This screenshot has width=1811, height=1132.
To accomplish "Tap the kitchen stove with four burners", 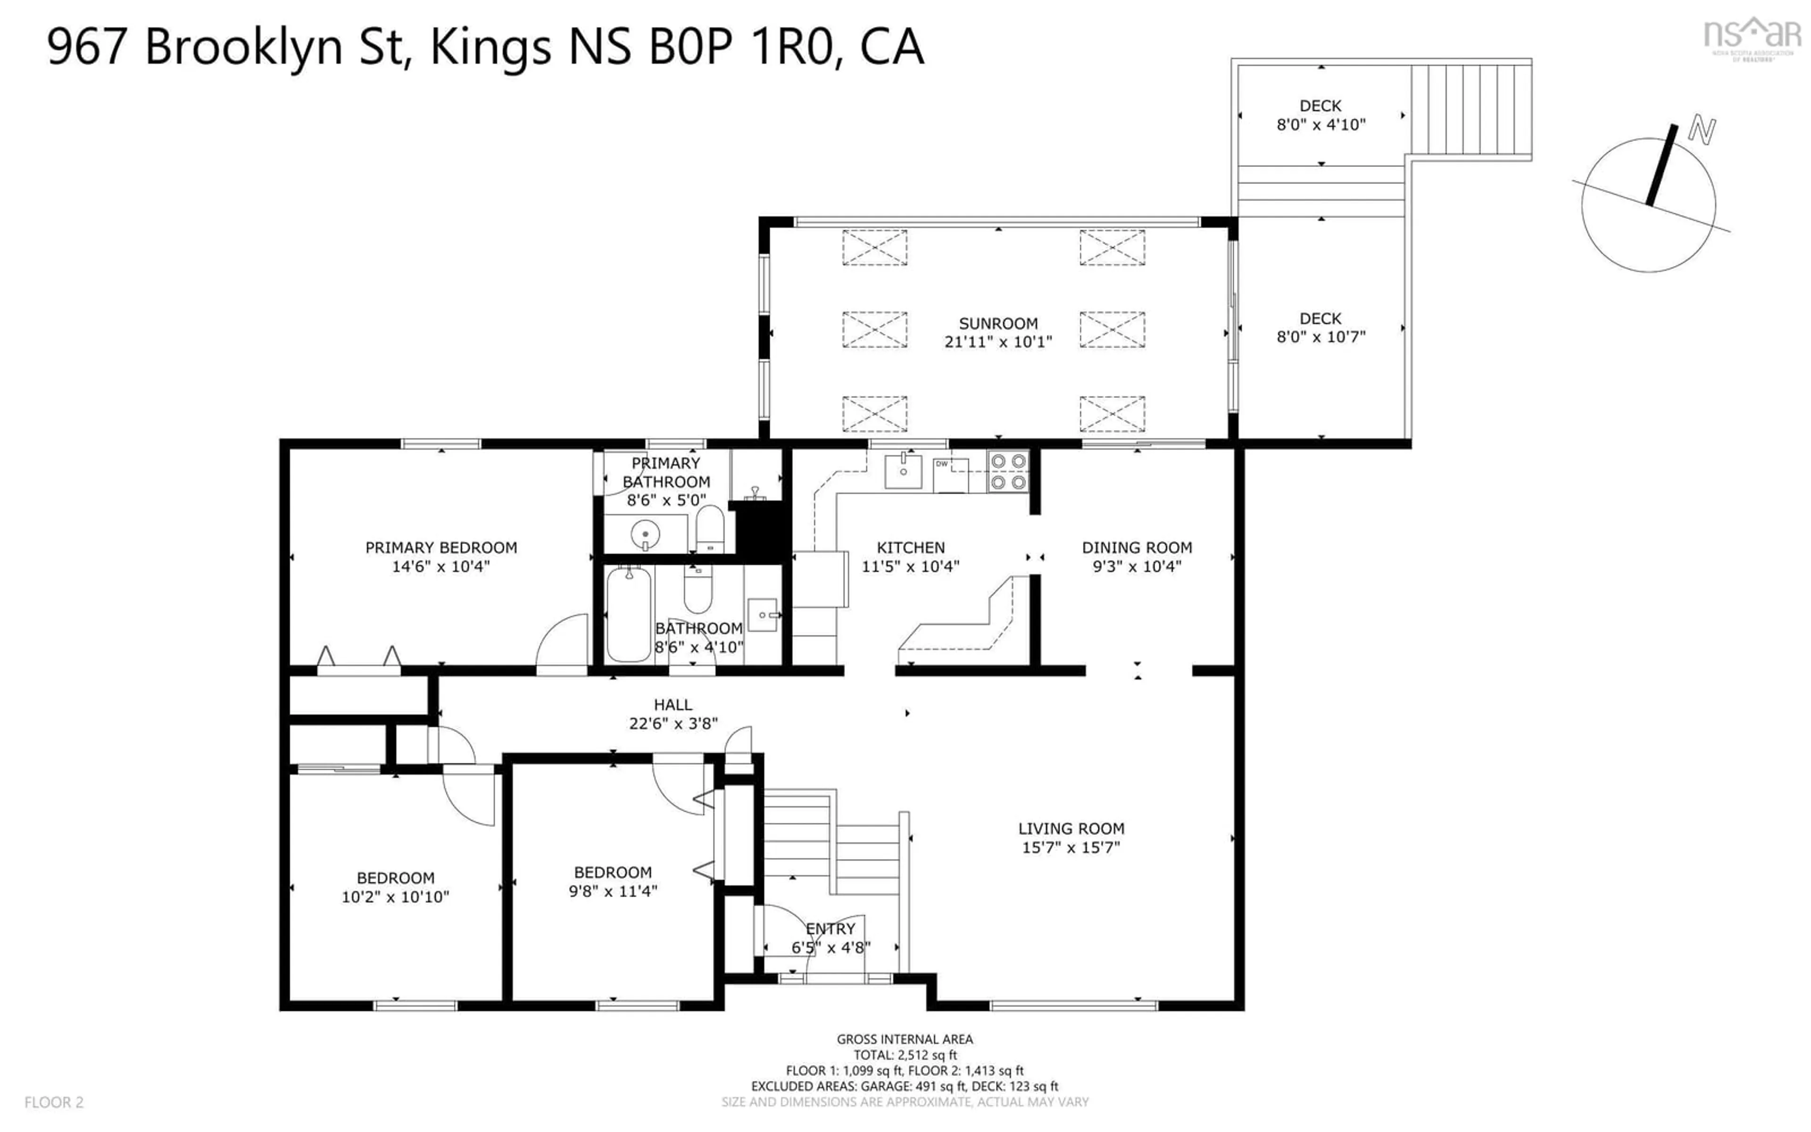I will (1007, 473).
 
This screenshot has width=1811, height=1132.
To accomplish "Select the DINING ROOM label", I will (1136, 547).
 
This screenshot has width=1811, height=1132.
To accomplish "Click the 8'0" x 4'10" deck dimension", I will (1321, 124).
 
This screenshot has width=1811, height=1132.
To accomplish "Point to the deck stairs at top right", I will (1470, 110).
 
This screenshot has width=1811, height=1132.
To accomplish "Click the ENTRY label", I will (830, 928).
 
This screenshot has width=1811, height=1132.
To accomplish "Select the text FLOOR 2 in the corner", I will (54, 1102).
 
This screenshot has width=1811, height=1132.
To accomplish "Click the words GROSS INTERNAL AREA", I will (904, 1039).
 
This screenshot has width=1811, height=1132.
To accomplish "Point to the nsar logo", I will (1752, 36).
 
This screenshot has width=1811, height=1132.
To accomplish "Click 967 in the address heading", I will (86, 46).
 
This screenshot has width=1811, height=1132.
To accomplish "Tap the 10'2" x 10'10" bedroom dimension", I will (395, 896).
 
